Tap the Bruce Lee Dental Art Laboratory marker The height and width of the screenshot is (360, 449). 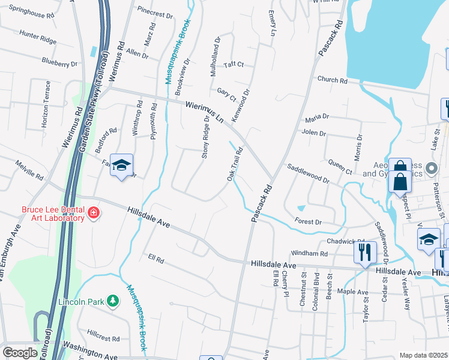[93, 213]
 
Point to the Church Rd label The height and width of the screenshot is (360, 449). [333, 80]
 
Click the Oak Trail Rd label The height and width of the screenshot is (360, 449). [235, 164]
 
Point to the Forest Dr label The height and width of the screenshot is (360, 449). [309, 221]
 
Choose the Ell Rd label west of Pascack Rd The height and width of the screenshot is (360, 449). [156, 259]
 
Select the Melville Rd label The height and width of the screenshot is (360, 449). [30, 170]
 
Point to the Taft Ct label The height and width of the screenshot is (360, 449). [234, 64]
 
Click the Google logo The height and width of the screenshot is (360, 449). [20, 353]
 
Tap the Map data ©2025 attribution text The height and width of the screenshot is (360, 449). [423, 355]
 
